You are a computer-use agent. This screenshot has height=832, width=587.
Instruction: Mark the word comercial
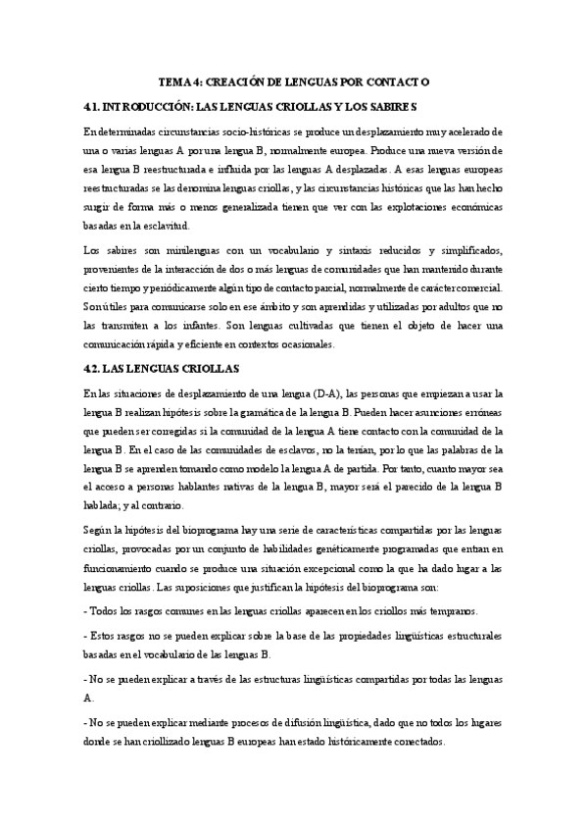[x=472, y=287]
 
